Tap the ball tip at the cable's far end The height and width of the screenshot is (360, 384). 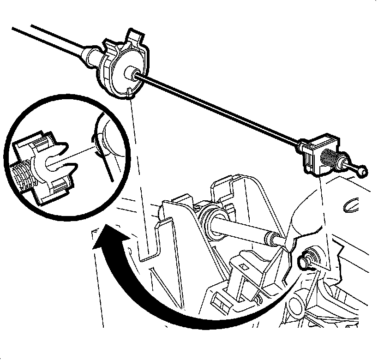(x=362, y=172)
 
